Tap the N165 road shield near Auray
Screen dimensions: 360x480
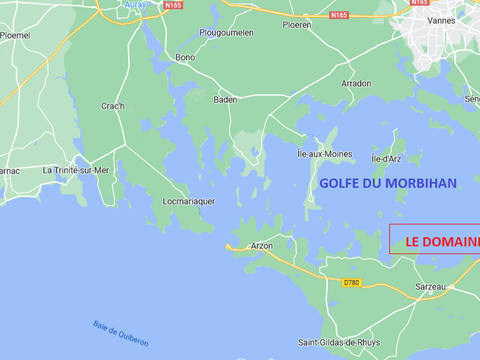click(172, 5)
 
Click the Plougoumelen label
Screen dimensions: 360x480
click(227, 32)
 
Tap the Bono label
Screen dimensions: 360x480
click(185, 57)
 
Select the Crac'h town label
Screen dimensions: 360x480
click(113, 106)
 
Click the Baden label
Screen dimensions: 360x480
click(226, 99)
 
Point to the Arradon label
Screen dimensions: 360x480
click(356, 83)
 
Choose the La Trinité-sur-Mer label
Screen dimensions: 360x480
click(74, 171)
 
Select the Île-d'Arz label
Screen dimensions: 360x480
click(387, 159)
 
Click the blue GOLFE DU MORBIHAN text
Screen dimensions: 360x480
click(388, 183)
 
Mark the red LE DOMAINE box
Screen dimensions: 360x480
click(435, 241)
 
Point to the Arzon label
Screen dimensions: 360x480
click(262, 245)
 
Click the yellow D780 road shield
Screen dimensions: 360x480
click(351, 282)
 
